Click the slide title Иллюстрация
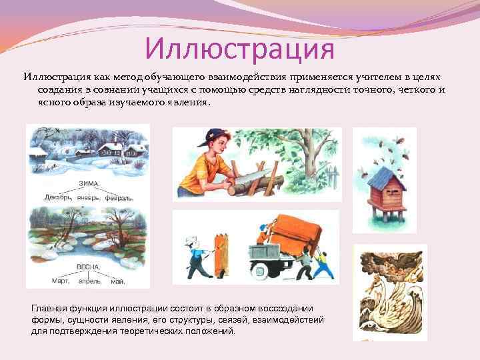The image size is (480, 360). [239, 48]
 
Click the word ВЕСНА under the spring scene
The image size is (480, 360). [88, 267]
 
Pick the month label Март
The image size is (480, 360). [62, 281]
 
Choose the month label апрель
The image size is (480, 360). [91, 281]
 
